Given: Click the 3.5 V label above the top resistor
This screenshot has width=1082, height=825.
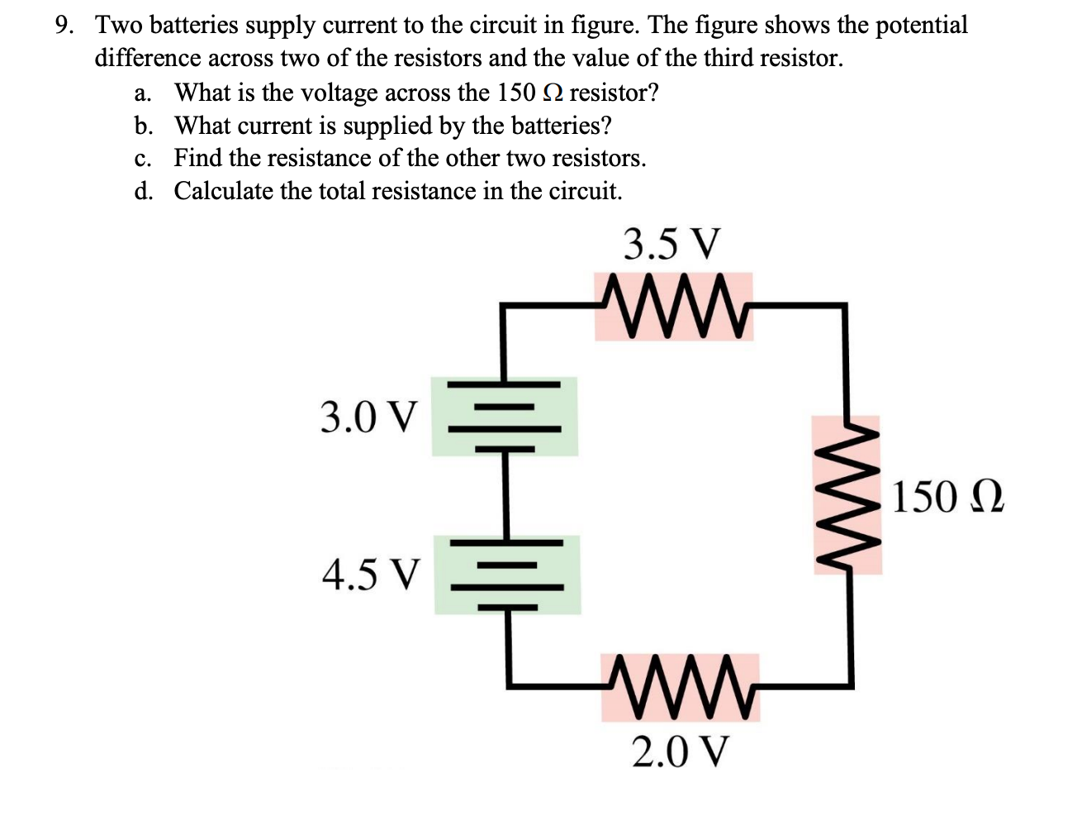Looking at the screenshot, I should tap(672, 245).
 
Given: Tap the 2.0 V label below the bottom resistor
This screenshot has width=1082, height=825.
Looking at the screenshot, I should tap(681, 751).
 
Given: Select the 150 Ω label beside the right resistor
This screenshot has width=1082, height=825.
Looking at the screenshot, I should tap(947, 497).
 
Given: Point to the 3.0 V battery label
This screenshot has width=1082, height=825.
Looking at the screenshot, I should tap(369, 417).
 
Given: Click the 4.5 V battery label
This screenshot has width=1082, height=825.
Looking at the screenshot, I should tap(371, 575).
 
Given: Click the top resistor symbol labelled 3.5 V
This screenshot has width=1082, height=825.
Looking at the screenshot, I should tap(674, 306).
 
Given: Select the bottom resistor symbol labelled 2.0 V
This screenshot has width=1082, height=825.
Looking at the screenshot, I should tap(681, 687).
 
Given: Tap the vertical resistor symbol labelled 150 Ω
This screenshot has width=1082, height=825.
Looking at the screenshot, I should tap(847, 495).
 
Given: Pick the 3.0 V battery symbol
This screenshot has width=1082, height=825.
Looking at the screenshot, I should tap(505, 417).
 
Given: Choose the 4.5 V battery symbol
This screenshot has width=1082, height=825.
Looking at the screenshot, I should tap(507, 575).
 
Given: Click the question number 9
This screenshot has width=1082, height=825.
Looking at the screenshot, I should tap(64, 26).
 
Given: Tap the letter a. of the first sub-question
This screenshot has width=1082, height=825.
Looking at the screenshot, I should tap(143, 93).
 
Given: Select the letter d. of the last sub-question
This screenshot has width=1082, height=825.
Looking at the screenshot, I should tap(143, 192).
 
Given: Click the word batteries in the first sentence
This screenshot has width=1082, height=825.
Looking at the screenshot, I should tap(191, 26).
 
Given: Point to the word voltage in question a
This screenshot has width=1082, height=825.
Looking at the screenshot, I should tap(336, 93).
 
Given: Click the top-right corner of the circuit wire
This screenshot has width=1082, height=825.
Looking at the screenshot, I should tap(844, 306).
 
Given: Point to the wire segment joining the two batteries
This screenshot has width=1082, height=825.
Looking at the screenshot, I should tap(505, 494).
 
